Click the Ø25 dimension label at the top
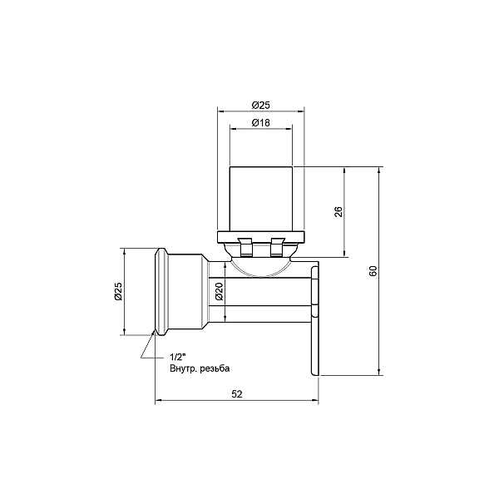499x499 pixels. (260, 105)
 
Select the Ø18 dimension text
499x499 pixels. (260, 123)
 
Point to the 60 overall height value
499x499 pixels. (373, 271)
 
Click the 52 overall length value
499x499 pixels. (236, 395)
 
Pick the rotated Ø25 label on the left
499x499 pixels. (118, 292)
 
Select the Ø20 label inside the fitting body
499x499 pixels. (219, 291)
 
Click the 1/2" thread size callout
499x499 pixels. (177, 356)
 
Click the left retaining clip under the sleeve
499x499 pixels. (245, 246)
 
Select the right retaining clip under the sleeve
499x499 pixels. (277, 246)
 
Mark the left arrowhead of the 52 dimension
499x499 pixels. (159, 402)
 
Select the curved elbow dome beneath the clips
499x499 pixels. (260, 266)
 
